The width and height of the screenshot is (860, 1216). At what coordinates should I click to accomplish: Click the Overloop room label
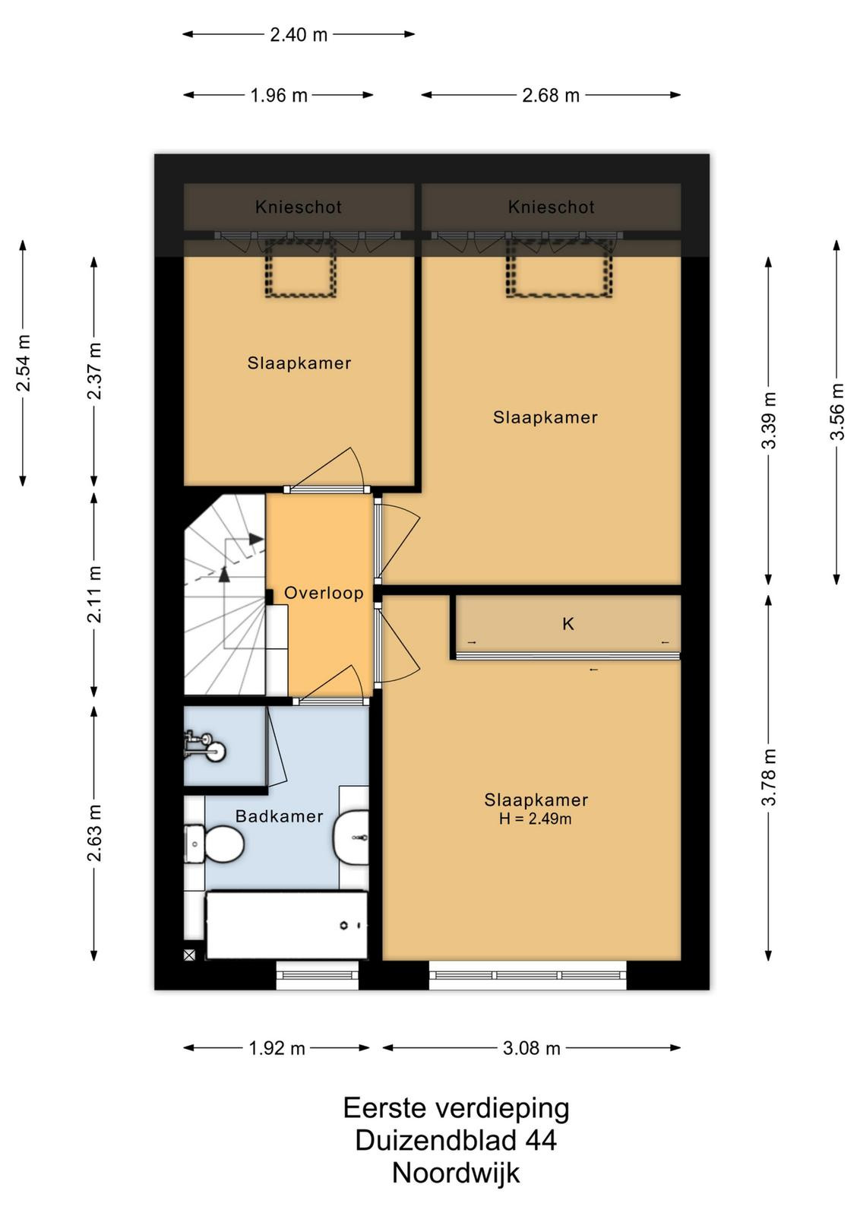click(x=324, y=593)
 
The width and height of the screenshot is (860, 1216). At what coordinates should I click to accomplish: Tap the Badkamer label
click(x=280, y=816)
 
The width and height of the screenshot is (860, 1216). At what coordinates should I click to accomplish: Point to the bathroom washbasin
click(x=351, y=837)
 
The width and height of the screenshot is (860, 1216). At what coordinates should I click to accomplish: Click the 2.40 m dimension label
click(x=299, y=35)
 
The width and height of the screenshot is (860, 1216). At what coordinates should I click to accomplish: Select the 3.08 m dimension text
click(x=531, y=1048)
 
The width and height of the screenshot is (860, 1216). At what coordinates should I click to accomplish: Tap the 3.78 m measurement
click(x=769, y=777)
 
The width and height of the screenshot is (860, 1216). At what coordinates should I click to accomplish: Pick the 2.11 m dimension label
click(x=94, y=594)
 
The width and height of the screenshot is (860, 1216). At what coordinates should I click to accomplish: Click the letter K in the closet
click(x=568, y=624)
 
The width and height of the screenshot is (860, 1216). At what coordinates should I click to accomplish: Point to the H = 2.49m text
click(x=535, y=819)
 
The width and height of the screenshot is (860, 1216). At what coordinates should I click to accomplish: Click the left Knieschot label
click(x=299, y=207)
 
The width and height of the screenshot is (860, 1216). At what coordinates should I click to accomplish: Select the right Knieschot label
click(x=552, y=207)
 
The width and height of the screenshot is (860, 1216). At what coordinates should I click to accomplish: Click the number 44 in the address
click(x=540, y=1140)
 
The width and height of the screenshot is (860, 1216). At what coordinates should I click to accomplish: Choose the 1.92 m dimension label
click(x=277, y=1048)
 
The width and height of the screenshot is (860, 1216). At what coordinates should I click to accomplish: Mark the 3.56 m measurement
click(x=836, y=412)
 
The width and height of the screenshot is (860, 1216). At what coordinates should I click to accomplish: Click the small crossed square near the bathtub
click(x=189, y=955)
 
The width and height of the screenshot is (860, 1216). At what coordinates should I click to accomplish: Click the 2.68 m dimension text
click(x=551, y=96)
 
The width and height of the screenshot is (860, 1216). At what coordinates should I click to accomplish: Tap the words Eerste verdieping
click(x=457, y=1109)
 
